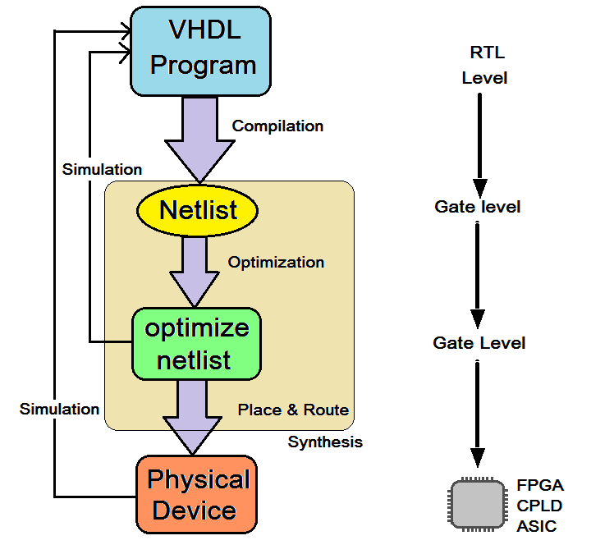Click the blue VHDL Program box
(201, 49)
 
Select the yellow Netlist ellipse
(197, 211)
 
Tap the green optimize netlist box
(196, 343)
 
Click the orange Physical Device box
(196, 494)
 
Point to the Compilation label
(277, 126)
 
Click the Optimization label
(276, 263)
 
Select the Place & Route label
(293, 410)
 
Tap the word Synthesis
(325, 442)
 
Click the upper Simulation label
(102, 170)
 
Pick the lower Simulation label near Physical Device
(59, 409)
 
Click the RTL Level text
(485, 66)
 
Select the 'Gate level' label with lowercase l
(478, 207)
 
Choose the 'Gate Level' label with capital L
(479, 343)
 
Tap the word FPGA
(540, 485)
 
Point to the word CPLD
(539, 506)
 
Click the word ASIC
(536, 526)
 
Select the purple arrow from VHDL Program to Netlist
(199, 140)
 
